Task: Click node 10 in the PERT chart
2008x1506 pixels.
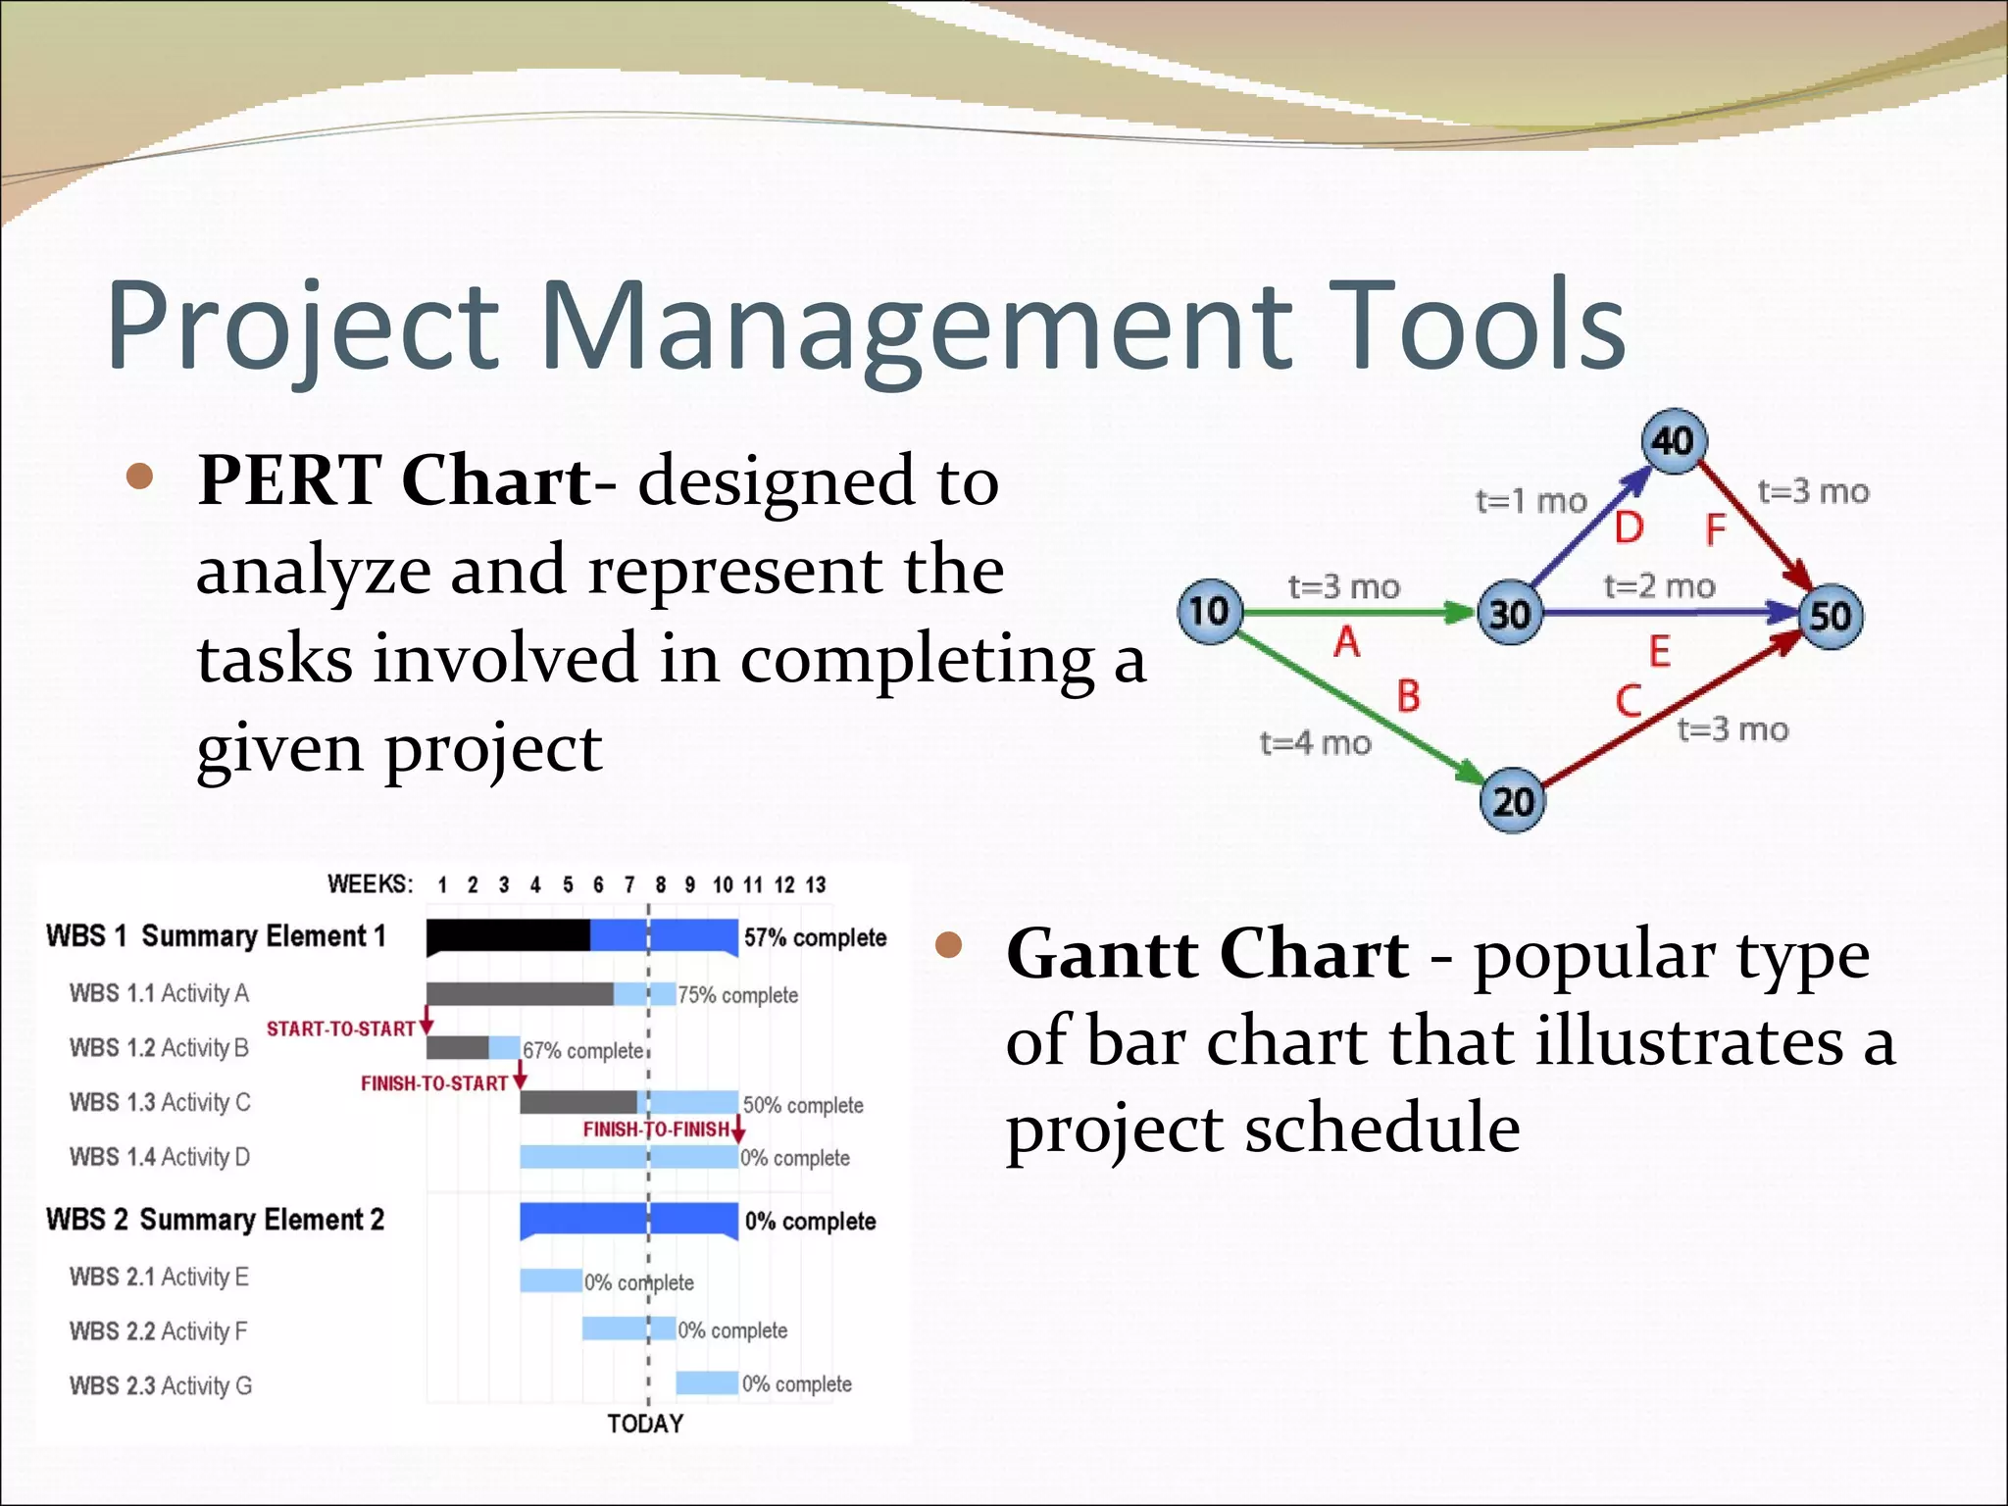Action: (x=1210, y=612)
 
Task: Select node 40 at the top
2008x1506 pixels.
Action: (x=1674, y=441)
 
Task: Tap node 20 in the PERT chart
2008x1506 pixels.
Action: (x=1511, y=801)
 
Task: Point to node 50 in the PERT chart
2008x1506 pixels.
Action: (x=1830, y=617)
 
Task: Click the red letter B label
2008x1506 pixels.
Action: (x=1408, y=697)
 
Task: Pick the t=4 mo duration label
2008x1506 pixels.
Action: (x=1315, y=743)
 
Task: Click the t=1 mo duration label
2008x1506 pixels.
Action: (x=1531, y=501)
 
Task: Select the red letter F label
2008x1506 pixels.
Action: (x=1715, y=530)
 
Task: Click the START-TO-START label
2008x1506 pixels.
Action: (x=341, y=1029)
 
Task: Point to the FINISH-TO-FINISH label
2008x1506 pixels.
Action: (x=656, y=1129)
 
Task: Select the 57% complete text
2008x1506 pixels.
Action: (x=815, y=938)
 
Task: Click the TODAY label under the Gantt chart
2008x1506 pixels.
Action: (x=644, y=1424)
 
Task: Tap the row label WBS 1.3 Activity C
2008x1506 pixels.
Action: (x=160, y=1102)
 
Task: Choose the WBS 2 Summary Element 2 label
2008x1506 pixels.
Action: (x=215, y=1220)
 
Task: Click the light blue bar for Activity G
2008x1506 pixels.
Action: (x=707, y=1383)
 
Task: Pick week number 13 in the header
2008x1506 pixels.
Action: (x=816, y=885)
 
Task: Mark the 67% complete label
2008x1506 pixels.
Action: (x=582, y=1051)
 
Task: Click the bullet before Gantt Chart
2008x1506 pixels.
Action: (x=948, y=944)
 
